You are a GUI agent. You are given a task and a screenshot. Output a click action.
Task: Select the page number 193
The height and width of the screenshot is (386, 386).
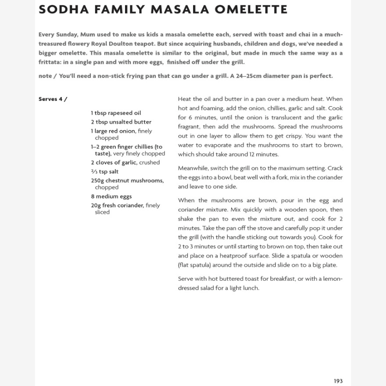point(338,381)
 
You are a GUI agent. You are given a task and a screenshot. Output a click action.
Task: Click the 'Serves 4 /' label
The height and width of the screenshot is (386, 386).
point(53,99)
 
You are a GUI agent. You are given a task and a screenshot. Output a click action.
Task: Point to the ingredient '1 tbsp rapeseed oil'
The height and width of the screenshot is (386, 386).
point(116,113)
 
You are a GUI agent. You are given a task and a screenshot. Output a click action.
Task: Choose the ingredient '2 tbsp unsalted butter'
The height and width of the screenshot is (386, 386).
point(121,122)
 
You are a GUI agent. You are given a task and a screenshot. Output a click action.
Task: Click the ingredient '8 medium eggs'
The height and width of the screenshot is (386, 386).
point(111,196)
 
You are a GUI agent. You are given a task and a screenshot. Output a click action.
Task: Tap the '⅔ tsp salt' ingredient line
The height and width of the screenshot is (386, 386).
point(105,171)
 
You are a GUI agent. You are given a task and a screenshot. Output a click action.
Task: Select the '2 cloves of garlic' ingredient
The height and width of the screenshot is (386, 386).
point(114,163)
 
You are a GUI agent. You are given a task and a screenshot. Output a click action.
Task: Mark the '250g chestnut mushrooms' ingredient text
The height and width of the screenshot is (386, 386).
point(127,180)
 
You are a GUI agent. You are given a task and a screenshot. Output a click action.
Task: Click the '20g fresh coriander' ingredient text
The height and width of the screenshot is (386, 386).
point(118,206)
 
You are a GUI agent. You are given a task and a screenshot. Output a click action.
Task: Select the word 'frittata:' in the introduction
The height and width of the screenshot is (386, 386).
point(50,62)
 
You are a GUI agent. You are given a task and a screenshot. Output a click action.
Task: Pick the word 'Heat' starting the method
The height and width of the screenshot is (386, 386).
point(185,98)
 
